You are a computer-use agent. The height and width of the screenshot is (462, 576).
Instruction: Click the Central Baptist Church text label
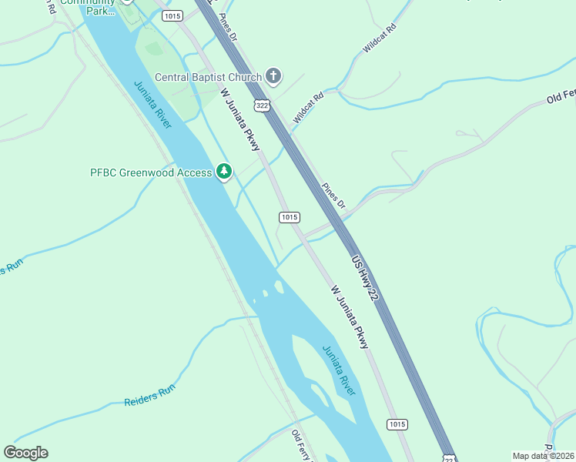click(208, 77)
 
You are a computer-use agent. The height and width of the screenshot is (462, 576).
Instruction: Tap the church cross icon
click(273, 76)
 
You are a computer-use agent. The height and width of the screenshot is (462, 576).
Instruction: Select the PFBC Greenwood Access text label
click(151, 172)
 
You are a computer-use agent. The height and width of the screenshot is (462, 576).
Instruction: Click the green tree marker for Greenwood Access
click(223, 171)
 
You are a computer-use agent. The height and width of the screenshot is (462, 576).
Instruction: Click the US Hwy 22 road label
click(367, 278)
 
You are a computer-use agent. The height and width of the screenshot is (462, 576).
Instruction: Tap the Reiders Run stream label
click(149, 396)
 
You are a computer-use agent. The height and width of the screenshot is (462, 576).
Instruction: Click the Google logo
click(25, 453)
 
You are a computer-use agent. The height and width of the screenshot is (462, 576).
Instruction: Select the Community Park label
click(87, 6)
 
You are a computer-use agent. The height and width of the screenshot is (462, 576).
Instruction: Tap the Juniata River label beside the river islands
click(340, 370)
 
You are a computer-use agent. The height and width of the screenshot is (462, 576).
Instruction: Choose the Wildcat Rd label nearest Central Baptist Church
click(309, 107)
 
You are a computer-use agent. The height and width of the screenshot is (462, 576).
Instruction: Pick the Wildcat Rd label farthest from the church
click(379, 39)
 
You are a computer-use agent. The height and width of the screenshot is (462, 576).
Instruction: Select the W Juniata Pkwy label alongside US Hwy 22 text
click(350, 317)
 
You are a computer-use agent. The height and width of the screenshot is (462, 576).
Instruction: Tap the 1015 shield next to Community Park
click(172, 15)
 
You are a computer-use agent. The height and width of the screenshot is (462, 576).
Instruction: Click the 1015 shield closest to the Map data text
click(397, 424)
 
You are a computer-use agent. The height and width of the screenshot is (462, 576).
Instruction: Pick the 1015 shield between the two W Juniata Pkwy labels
click(289, 217)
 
